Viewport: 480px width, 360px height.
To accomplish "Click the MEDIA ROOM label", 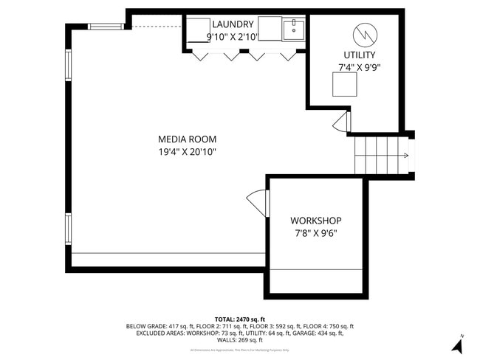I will pyautogui.click(x=187, y=139).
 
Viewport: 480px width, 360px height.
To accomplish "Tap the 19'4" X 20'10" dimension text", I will pyautogui.click(x=187, y=152).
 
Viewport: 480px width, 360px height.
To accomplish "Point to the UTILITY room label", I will pyautogui.click(x=359, y=55).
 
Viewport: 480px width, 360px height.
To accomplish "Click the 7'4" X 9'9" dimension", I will pyautogui.click(x=359, y=68).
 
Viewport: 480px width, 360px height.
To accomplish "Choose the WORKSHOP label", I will pyautogui.click(x=315, y=221).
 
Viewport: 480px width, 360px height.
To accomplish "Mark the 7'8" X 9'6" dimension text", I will pyautogui.click(x=315, y=233).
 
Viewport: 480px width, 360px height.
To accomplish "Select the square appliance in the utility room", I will pyautogui.click(x=343, y=86).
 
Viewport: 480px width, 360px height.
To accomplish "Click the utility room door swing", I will pyautogui.click(x=342, y=122).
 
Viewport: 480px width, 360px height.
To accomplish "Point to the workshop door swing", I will pyautogui.click(x=258, y=202).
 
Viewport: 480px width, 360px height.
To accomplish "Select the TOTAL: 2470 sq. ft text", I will pyautogui.click(x=239, y=318).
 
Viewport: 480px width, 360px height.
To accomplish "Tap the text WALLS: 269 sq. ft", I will pyautogui.click(x=239, y=340).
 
